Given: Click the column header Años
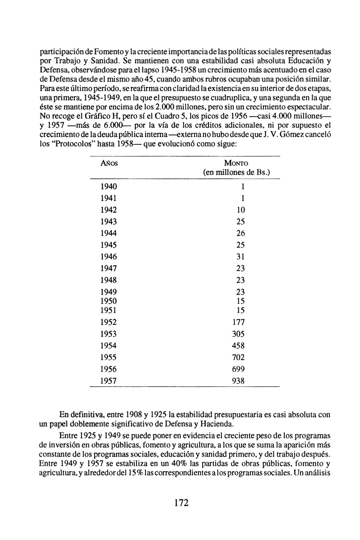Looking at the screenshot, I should coord(109,163).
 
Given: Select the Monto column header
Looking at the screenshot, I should coord(237,163).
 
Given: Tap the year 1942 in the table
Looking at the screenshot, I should coord(108,210).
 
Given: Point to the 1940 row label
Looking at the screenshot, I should coord(108,186).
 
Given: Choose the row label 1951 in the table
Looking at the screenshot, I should coord(108,310).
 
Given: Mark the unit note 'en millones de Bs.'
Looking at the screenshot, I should coord(237,172).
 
